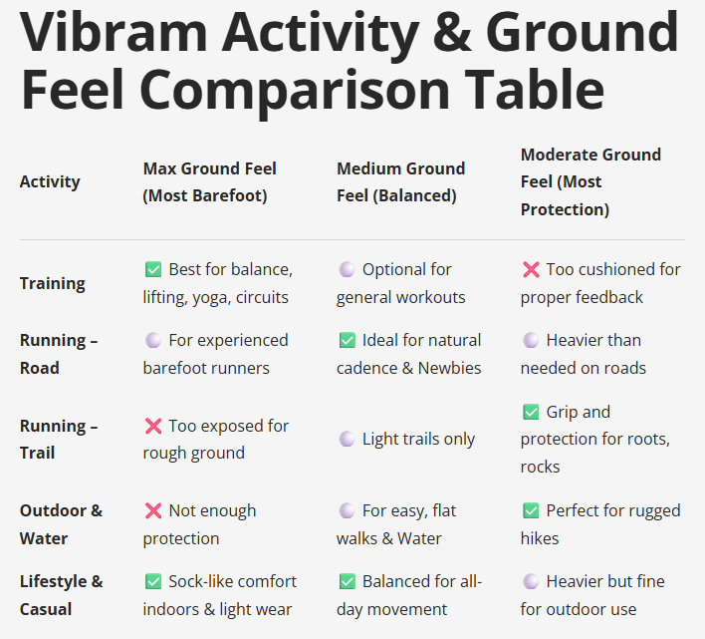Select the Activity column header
pos(50,181)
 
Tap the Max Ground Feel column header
pos(209,181)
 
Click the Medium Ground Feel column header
pos(400,181)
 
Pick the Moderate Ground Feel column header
pos(590,181)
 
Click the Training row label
pos(52,283)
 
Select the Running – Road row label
pos(58,354)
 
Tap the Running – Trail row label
pos(58,439)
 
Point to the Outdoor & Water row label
pos(60,524)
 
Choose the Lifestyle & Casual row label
pos(61,595)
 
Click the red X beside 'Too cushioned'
pos(531,269)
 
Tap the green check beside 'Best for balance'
pos(153,269)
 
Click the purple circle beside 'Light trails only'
pos(347,439)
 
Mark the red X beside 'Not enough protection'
pos(153,510)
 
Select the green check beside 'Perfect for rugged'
pos(531,510)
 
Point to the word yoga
pos(208,297)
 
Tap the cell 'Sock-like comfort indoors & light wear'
pos(219,595)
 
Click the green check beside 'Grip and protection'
pos(531,412)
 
